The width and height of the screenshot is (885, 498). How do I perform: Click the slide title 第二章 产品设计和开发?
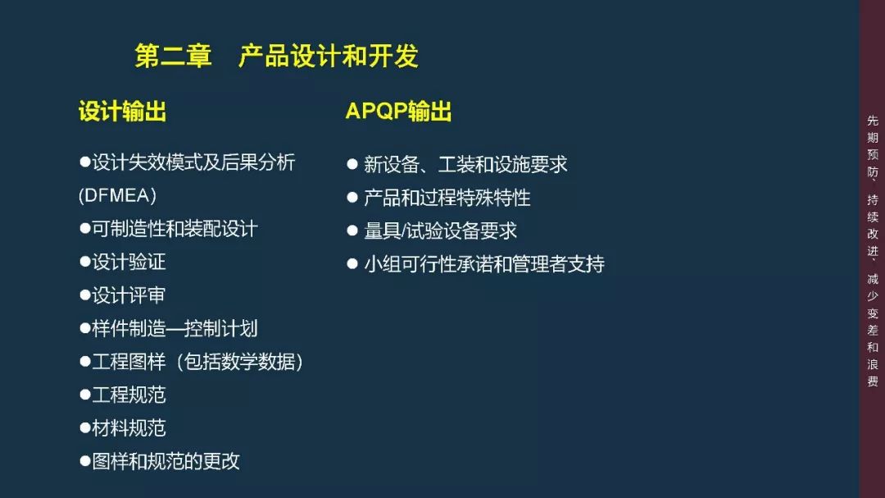[x=276, y=56]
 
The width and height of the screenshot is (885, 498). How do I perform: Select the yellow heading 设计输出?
[x=122, y=112]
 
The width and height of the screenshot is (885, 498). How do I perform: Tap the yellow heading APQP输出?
[x=398, y=112]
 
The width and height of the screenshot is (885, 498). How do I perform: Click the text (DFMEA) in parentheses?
[x=117, y=196]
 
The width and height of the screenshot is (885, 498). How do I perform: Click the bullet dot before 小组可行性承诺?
[x=352, y=264]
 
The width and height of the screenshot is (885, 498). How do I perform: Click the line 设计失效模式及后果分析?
[x=193, y=162]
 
